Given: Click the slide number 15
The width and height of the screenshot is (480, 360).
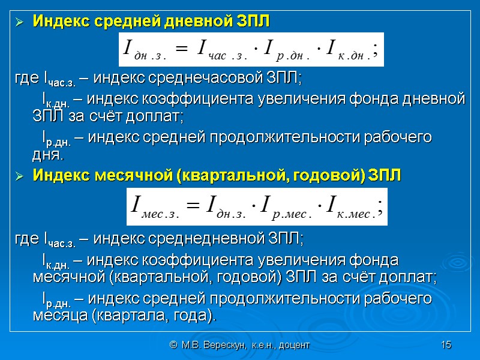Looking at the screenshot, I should pyautogui.click(x=445, y=345).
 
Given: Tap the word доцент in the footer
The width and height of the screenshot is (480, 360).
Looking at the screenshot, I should pyautogui.click(x=293, y=345).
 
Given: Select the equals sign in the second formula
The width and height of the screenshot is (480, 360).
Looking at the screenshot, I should pyautogui.click(x=192, y=205).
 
